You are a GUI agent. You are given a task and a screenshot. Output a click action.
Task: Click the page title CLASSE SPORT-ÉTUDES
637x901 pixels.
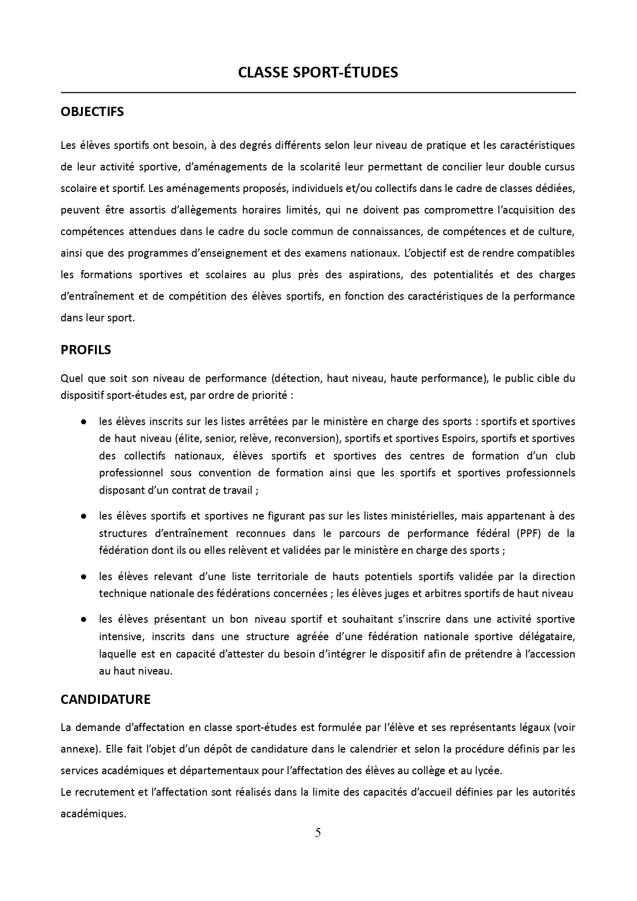(318, 72)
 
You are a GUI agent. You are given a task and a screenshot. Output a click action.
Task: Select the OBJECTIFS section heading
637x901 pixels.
(92, 112)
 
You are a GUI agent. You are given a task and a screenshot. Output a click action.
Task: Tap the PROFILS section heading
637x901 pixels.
(86, 350)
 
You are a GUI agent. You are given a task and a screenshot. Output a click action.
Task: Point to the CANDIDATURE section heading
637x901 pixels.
(106, 699)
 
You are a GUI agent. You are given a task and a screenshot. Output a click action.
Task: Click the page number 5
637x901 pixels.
(318, 833)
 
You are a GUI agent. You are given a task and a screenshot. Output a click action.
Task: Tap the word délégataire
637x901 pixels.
(549, 637)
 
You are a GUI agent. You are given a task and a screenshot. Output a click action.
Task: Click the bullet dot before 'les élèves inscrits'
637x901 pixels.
(83, 421)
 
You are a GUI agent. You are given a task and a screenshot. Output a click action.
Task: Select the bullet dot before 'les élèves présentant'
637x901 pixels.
(83, 620)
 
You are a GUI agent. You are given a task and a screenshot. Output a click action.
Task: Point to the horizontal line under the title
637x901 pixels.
(318, 93)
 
